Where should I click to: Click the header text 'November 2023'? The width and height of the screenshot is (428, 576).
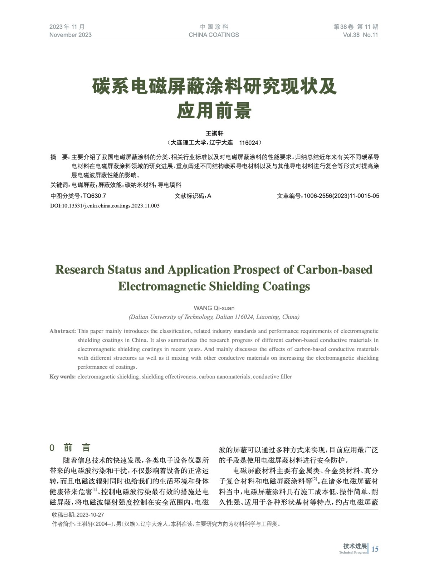(x=70, y=35)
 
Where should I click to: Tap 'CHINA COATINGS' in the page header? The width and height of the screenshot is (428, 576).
(x=213, y=35)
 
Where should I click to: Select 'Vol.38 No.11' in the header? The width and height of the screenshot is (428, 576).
(x=360, y=35)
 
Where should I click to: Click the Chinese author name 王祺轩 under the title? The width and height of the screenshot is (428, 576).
(x=214, y=133)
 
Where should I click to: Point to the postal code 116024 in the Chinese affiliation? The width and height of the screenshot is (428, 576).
(x=249, y=143)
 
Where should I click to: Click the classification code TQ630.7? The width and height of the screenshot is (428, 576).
(x=94, y=196)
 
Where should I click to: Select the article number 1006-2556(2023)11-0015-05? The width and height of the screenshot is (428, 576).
(x=341, y=196)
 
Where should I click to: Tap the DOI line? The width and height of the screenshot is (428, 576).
(x=105, y=206)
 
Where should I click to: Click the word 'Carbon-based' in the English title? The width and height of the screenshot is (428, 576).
(x=335, y=270)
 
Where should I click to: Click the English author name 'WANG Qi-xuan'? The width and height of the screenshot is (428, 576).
(x=214, y=308)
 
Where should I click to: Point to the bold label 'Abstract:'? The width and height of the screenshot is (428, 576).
(x=63, y=331)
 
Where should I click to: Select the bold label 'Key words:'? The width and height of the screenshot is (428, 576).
(x=62, y=377)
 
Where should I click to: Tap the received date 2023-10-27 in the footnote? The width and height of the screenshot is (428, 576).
(x=90, y=515)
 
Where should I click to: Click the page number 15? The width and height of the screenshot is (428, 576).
(x=375, y=549)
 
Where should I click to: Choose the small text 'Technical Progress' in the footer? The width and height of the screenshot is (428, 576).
(x=353, y=553)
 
